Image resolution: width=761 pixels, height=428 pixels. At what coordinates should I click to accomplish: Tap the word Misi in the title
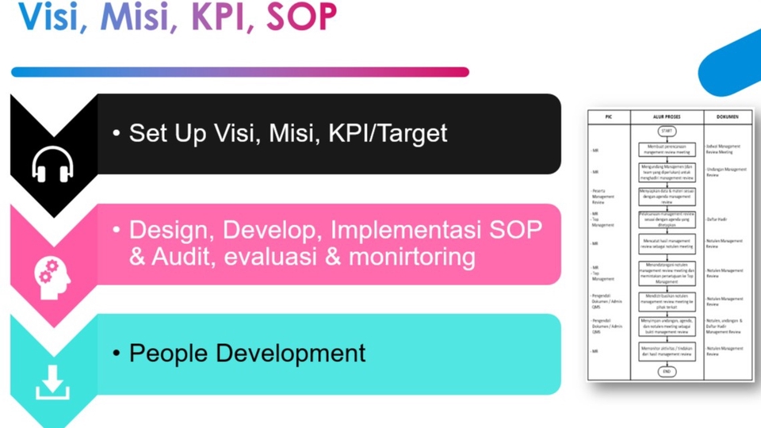(135, 17)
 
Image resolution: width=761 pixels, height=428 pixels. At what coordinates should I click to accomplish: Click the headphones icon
(52, 166)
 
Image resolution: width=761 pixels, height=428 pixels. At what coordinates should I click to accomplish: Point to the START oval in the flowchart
(667, 132)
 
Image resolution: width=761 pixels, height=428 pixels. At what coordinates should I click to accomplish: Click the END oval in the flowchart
(667, 371)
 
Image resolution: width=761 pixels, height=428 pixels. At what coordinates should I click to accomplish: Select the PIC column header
(609, 117)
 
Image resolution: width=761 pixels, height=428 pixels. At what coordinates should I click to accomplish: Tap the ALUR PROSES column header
(667, 117)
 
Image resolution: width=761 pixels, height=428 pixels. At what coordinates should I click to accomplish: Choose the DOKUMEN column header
(727, 117)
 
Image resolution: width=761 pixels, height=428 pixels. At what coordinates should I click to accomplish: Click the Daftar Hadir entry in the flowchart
(718, 218)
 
